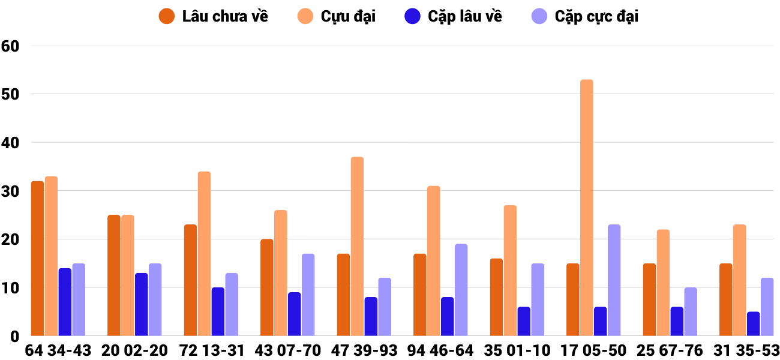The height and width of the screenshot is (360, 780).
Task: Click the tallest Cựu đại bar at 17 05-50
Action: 586,208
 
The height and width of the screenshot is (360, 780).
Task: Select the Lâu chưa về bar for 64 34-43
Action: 37,258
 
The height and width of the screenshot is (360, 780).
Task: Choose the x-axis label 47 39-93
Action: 364,350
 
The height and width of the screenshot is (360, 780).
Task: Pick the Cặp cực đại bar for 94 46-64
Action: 461,290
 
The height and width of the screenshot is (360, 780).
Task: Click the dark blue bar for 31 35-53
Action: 753,324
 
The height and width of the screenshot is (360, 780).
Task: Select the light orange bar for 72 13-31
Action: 204,254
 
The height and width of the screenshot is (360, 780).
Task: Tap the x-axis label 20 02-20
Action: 134,350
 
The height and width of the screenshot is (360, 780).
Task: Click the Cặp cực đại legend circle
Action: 540,16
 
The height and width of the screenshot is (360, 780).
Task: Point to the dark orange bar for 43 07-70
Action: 266,287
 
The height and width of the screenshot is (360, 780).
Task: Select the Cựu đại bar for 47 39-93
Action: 357,247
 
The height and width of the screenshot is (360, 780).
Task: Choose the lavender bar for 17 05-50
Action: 614,280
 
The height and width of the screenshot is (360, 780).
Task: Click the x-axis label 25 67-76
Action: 670,350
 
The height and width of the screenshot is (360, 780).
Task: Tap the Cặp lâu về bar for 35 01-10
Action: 524,322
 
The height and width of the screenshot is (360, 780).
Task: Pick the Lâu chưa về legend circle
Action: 167,16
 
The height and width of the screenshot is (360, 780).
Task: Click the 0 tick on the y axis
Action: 13,337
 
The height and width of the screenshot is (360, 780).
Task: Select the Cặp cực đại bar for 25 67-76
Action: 691,312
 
